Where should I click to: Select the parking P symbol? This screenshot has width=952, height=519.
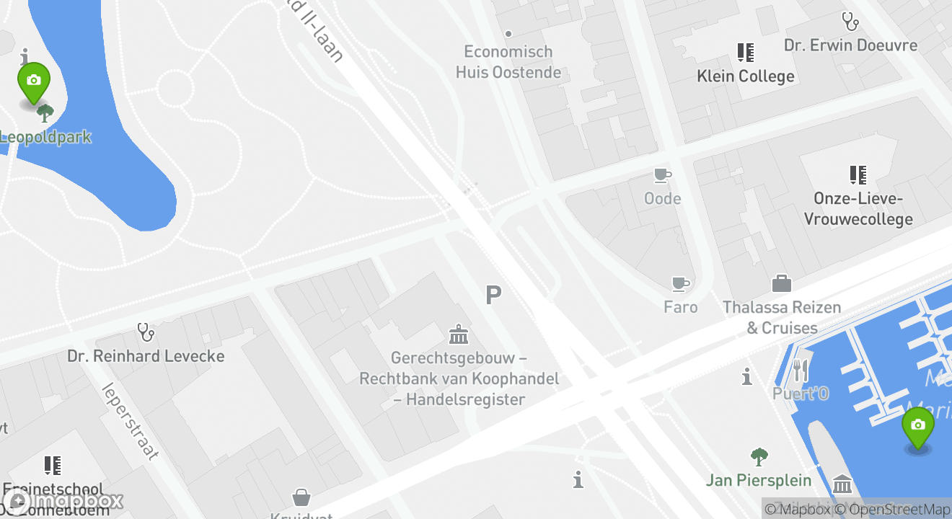tap(493, 295)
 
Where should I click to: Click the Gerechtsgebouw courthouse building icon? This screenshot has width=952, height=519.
tap(459, 334)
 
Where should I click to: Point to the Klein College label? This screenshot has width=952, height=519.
tap(745, 76)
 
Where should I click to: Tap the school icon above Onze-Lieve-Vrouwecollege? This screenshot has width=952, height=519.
tap(858, 174)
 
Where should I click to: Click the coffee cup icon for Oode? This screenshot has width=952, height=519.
tap(662, 175)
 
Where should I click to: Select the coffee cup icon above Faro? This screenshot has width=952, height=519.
tap(680, 284)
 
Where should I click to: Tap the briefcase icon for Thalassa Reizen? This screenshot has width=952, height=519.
tap(782, 283)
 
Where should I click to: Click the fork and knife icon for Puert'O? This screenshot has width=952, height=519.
tap(801, 371)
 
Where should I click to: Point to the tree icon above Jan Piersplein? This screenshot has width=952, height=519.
tap(759, 456)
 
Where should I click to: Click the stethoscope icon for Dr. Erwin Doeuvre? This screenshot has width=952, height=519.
tap(850, 22)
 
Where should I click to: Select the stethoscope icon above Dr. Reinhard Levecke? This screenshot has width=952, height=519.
tap(146, 332)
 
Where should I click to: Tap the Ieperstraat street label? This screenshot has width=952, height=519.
tap(131, 421)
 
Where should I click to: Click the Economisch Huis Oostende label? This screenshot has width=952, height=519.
tap(508, 62)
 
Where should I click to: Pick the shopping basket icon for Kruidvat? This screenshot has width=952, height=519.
tap(301, 497)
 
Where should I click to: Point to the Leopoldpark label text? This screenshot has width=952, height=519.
tap(45, 137)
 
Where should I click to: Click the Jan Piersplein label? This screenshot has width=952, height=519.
tap(759, 480)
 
